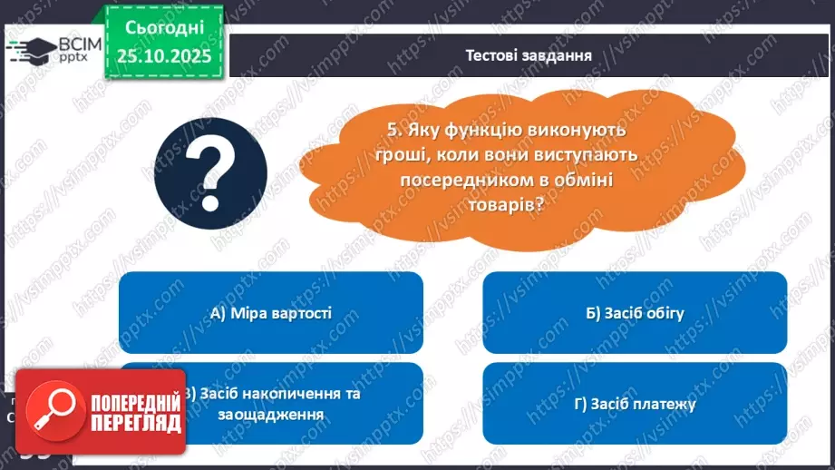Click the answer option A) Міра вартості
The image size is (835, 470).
coord(270,314)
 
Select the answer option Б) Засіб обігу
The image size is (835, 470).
coord(635,314)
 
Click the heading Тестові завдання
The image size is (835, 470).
coord(529,54)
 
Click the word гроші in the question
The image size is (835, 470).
coord(382,156)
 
